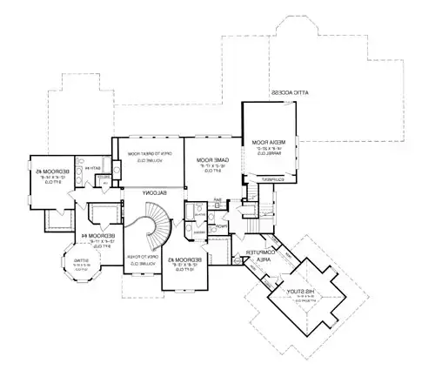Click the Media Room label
click(x=259, y=141)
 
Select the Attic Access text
click(x=286, y=92)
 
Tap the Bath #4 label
click(x=90, y=168)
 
